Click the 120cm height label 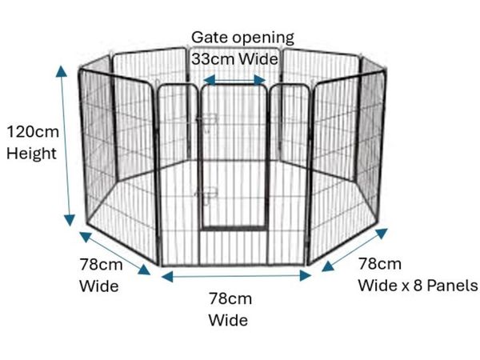[33, 132]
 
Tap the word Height [31, 154]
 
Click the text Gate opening [242, 38]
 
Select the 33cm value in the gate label [213, 58]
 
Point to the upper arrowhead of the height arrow [62, 70]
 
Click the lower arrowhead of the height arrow [70, 220]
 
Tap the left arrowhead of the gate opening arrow [210, 80]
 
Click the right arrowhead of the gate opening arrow [259, 80]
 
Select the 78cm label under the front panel [230, 298]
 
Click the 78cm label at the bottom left [101, 265]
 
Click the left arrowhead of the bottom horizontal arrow [167, 277]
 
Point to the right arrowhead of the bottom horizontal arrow [306, 276]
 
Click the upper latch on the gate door [207, 118]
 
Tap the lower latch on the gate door [206, 194]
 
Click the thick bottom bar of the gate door [234, 228]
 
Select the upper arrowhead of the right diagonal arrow [382, 233]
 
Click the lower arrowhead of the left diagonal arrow [144, 270]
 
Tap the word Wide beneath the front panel [228, 320]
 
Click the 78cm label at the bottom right [379, 263]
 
